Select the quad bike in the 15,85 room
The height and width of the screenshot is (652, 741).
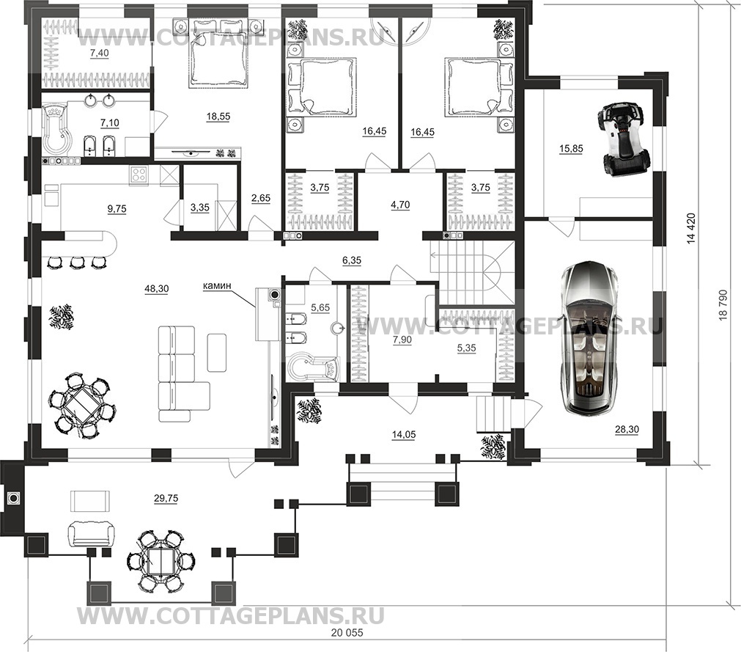coord(621,139)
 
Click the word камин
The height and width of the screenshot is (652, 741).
coord(217,285)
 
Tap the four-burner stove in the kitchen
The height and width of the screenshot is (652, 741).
coord(139,174)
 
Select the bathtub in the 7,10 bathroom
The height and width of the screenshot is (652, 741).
coord(56,129)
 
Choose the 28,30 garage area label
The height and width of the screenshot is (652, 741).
coord(627,429)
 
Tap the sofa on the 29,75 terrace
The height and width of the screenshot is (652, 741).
coord(90,534)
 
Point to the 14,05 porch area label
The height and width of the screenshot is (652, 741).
coord(404,434)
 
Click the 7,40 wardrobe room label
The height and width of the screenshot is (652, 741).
coord(99,54)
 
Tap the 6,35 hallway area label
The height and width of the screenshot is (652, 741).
coord(352,260)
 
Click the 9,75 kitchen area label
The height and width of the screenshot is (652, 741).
coord(117,208)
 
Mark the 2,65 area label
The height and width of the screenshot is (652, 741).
coord(261,199)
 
